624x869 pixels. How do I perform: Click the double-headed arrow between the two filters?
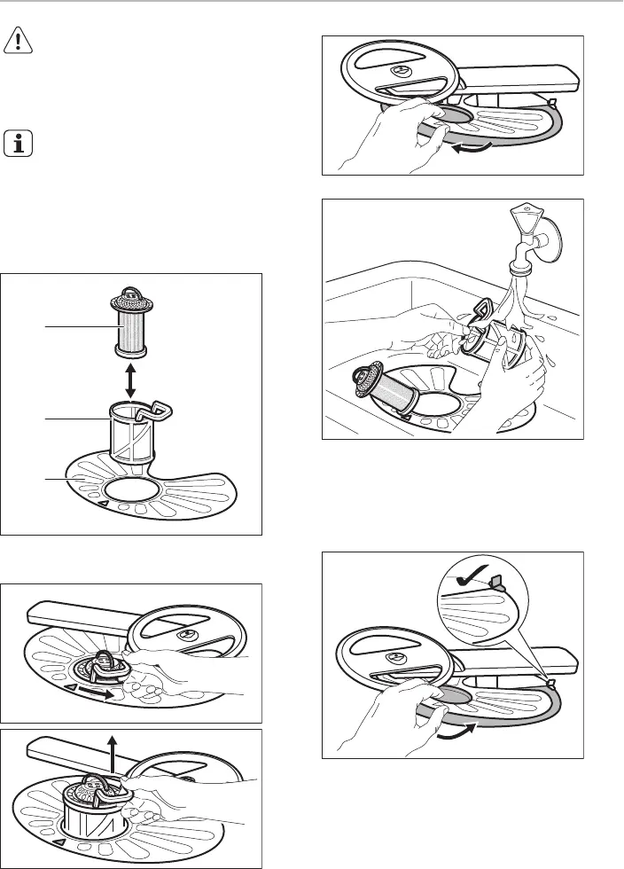pos(131,380)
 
